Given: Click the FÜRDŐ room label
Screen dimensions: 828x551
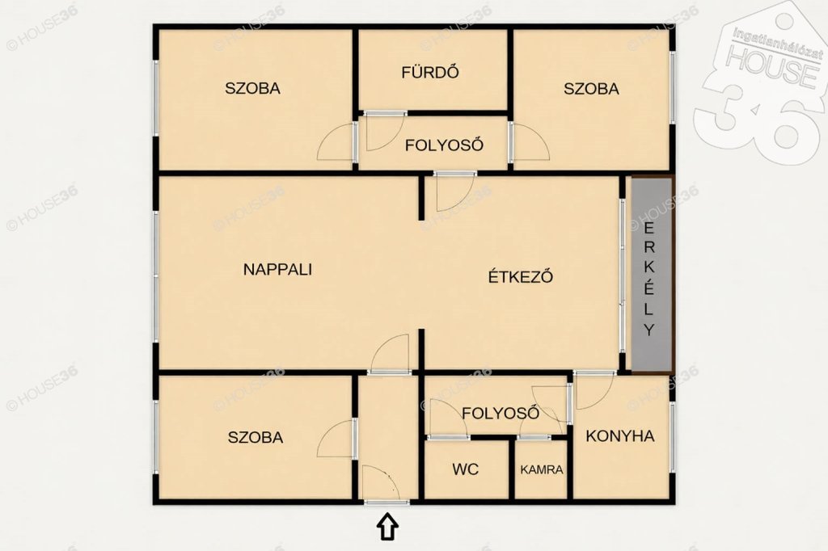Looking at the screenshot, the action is coord(430,72).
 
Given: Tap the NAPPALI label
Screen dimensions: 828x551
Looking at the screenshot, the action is coord(278,269).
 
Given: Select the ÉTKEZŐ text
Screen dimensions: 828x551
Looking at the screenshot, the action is coord(521,276).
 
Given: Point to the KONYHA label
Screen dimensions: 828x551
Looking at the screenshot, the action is coord(620,436).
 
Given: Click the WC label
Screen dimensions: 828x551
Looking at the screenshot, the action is coord(465,469).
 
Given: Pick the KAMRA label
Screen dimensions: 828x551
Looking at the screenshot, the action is coord(542,469).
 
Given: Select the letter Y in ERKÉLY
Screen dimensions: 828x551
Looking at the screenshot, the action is coord(649,330).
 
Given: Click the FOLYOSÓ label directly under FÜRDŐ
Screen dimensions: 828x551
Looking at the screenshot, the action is coord(444,145).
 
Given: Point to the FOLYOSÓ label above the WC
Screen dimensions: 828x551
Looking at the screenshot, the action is coord(501,413).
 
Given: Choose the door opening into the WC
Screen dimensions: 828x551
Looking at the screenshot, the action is coord(448,420).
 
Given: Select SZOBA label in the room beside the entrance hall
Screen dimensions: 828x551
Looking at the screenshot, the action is coord(256,437).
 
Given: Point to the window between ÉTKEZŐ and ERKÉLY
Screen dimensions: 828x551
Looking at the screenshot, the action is coord(622,275).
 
